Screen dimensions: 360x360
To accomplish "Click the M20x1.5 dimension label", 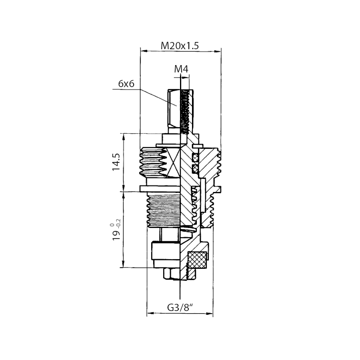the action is [180, 46].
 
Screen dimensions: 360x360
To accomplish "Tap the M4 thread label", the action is [181, 69].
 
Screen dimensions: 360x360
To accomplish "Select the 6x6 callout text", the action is [126, 84].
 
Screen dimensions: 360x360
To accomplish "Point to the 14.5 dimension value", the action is [116, 162].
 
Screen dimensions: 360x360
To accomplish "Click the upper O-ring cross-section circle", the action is [195, 158].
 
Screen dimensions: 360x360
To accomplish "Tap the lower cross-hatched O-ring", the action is [195, 169].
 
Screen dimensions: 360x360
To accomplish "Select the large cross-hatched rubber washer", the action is [197, 260].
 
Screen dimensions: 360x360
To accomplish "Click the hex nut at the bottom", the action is [172, 274].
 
